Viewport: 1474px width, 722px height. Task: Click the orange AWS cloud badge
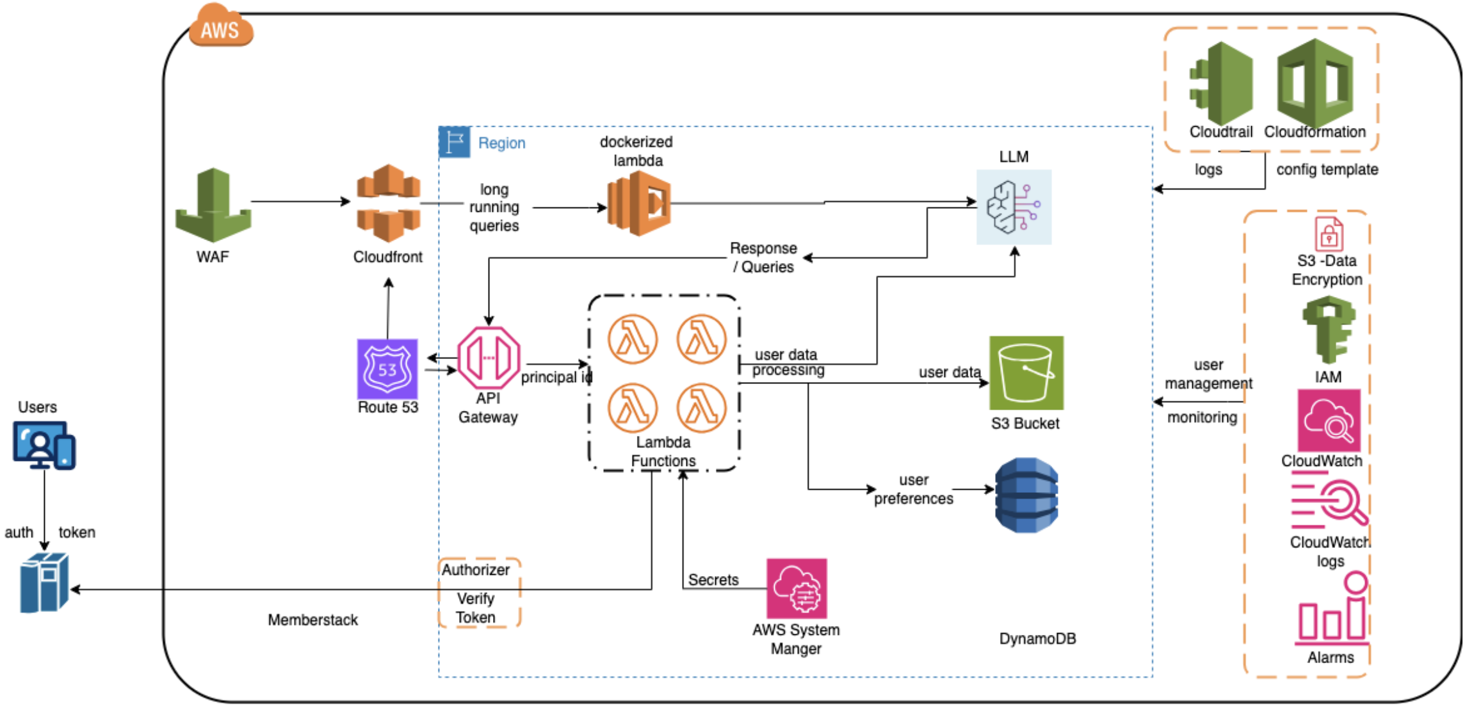point(220,27)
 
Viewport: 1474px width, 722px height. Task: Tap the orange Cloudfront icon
point(388,202)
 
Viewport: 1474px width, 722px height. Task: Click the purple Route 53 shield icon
point(387,369)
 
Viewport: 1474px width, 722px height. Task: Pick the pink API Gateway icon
point(489,358)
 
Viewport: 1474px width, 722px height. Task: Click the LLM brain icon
point(1014,207)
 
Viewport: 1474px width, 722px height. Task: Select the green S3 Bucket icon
point(1026,373)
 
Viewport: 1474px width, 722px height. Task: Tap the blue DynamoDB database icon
point(1026,495)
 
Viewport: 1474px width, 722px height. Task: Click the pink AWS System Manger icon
point(797,588)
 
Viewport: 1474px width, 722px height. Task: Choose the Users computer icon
point(44,445)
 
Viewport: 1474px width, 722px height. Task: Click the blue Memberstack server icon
point(44,582)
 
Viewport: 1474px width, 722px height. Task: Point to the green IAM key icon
point(1329,330)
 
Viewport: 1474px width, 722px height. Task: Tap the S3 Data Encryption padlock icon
point(1329,234)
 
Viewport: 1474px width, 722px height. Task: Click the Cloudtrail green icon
point(1222,83)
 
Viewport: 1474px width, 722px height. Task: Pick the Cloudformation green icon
point(1315,83)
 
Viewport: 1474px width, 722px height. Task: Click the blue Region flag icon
point(455,142)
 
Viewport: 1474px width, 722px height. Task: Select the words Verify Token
point(476,607)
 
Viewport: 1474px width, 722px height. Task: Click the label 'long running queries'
point(494,207)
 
